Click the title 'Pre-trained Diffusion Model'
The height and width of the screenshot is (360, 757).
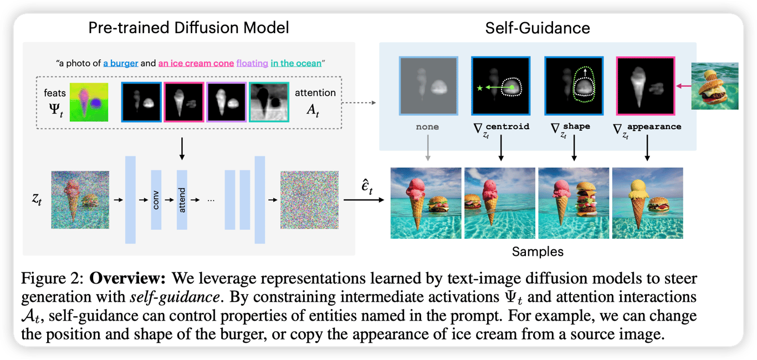coord(188,27)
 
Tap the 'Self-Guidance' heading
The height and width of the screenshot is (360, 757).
coord(538,27)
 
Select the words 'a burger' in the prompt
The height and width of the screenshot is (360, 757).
coord(120,63)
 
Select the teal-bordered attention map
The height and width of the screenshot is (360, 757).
coord(269,102)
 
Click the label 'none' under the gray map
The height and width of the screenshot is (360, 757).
coord(427,127)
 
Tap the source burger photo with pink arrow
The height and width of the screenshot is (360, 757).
coord(715,86)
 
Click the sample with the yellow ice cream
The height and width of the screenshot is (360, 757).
coord(647,203)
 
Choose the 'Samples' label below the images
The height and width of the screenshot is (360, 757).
coord(538,251)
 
